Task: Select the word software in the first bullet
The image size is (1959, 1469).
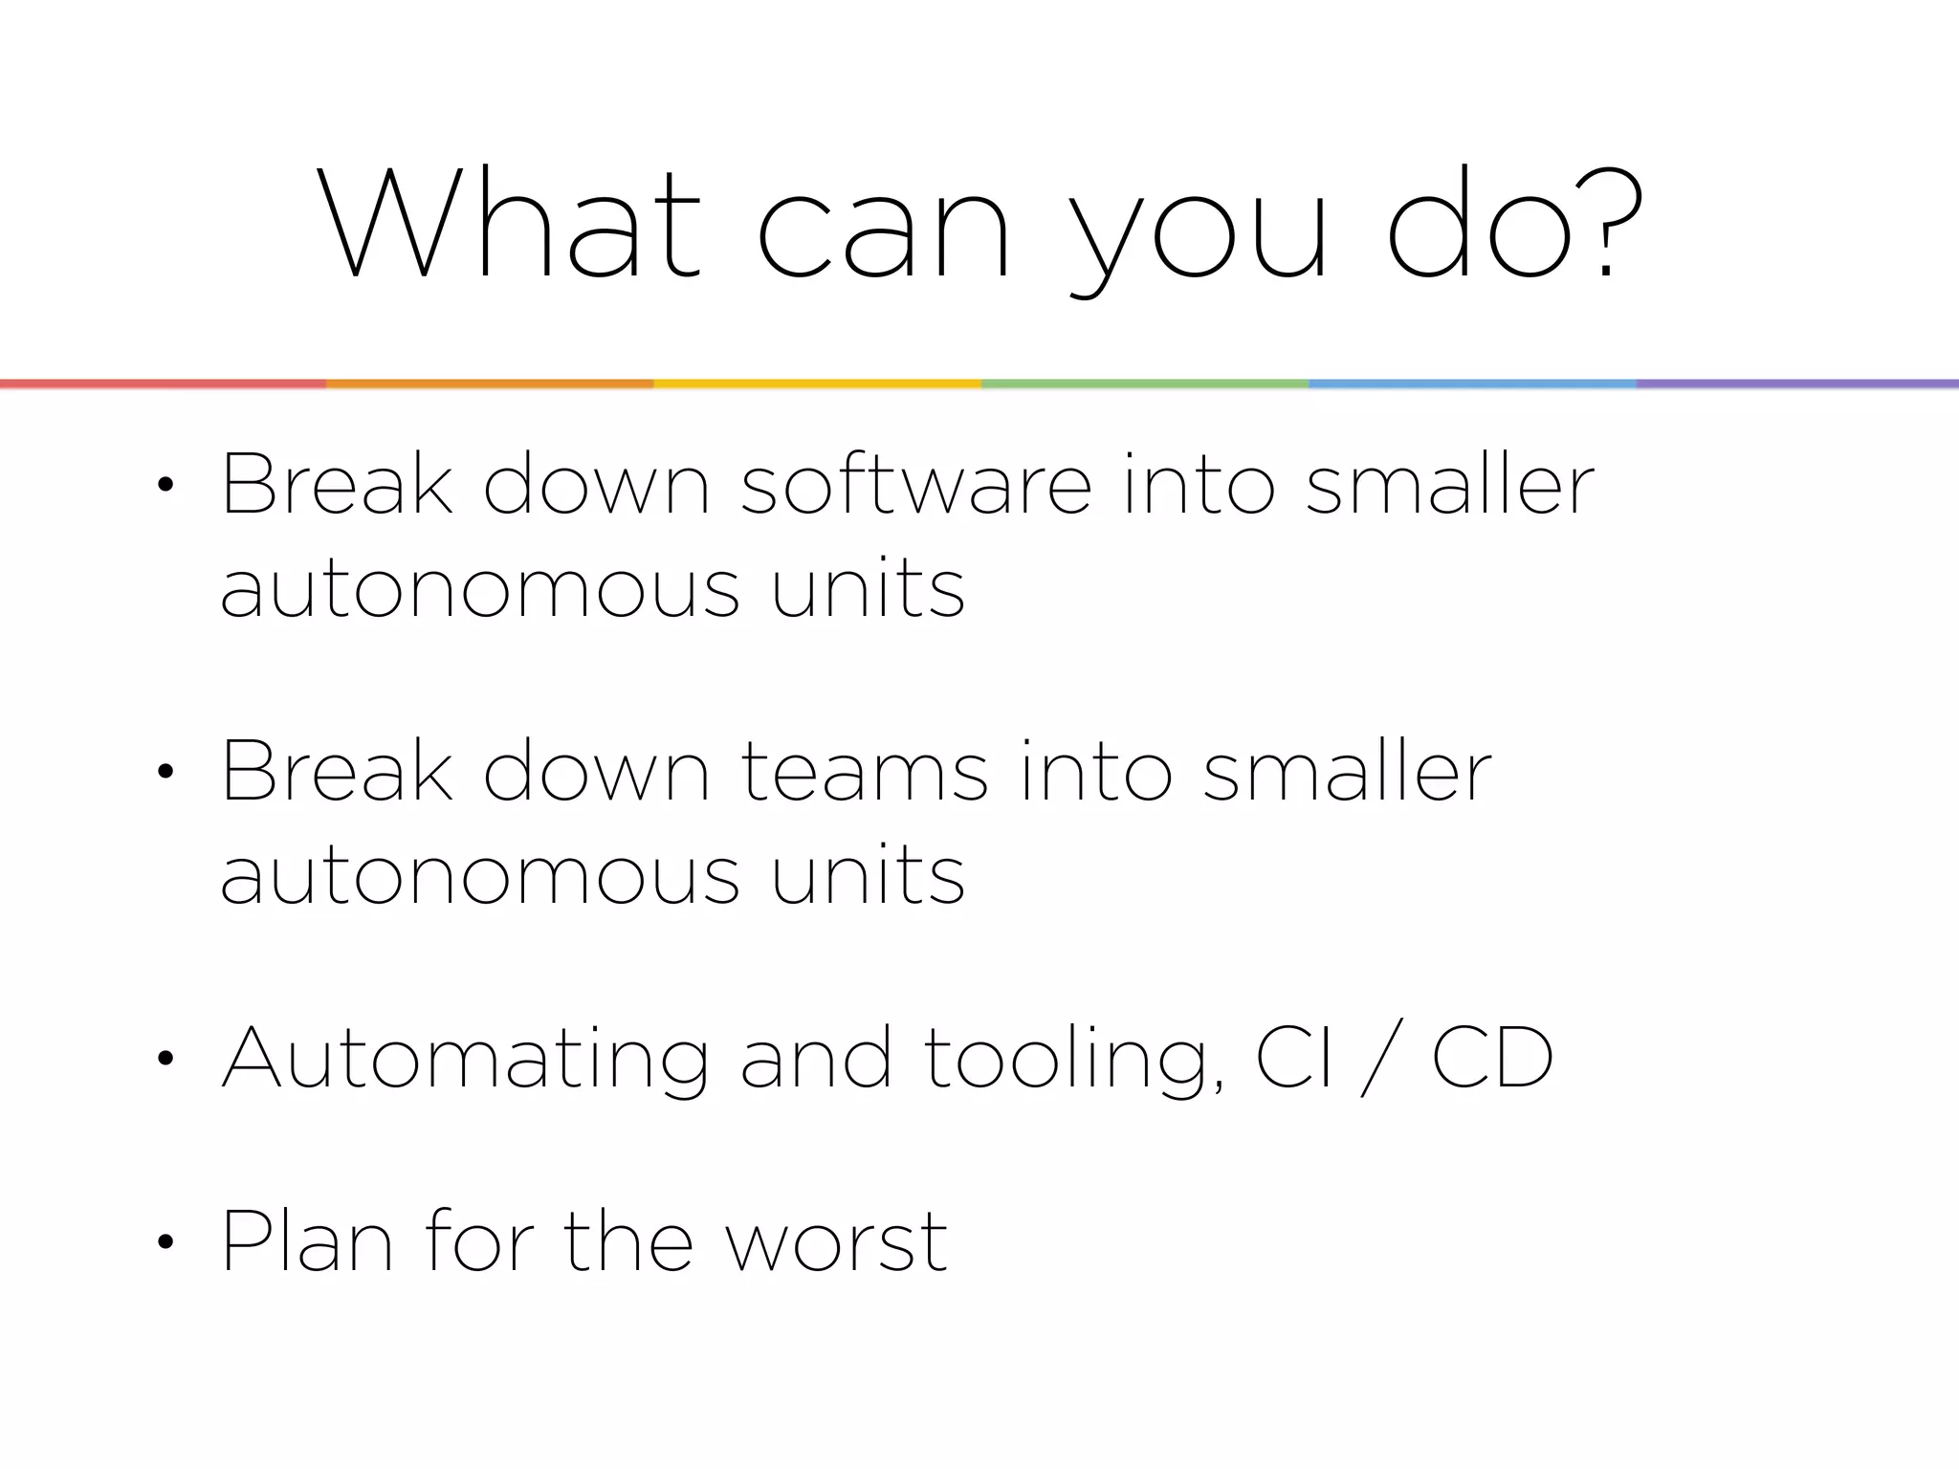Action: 915,486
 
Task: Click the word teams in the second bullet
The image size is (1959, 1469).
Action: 864,773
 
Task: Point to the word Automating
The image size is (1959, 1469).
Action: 465,1060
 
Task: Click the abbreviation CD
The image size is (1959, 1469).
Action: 1492,1058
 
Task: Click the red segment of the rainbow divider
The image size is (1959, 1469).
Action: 163,384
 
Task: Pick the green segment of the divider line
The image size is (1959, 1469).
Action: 1145,384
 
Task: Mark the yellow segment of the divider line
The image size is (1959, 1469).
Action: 818,384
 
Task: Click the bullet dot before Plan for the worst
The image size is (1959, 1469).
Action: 165,1242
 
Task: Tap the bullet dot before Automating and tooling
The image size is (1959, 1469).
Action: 165,1059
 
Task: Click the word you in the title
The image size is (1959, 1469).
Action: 1200,230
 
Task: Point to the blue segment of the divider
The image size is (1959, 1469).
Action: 1472,384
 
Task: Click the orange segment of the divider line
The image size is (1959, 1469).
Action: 490,384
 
